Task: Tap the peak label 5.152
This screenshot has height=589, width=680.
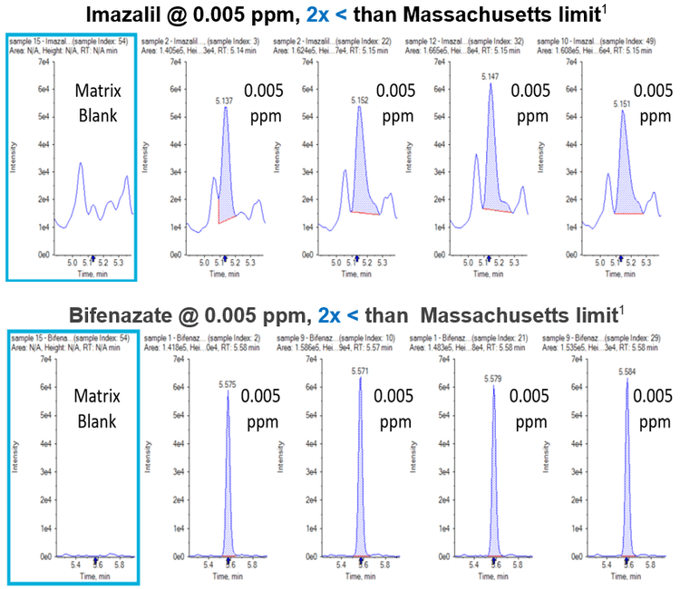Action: [x=360, y=101]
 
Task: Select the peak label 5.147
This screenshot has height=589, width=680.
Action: [x=491, y=79]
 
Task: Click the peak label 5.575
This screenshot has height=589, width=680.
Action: [x=228, y=384]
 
